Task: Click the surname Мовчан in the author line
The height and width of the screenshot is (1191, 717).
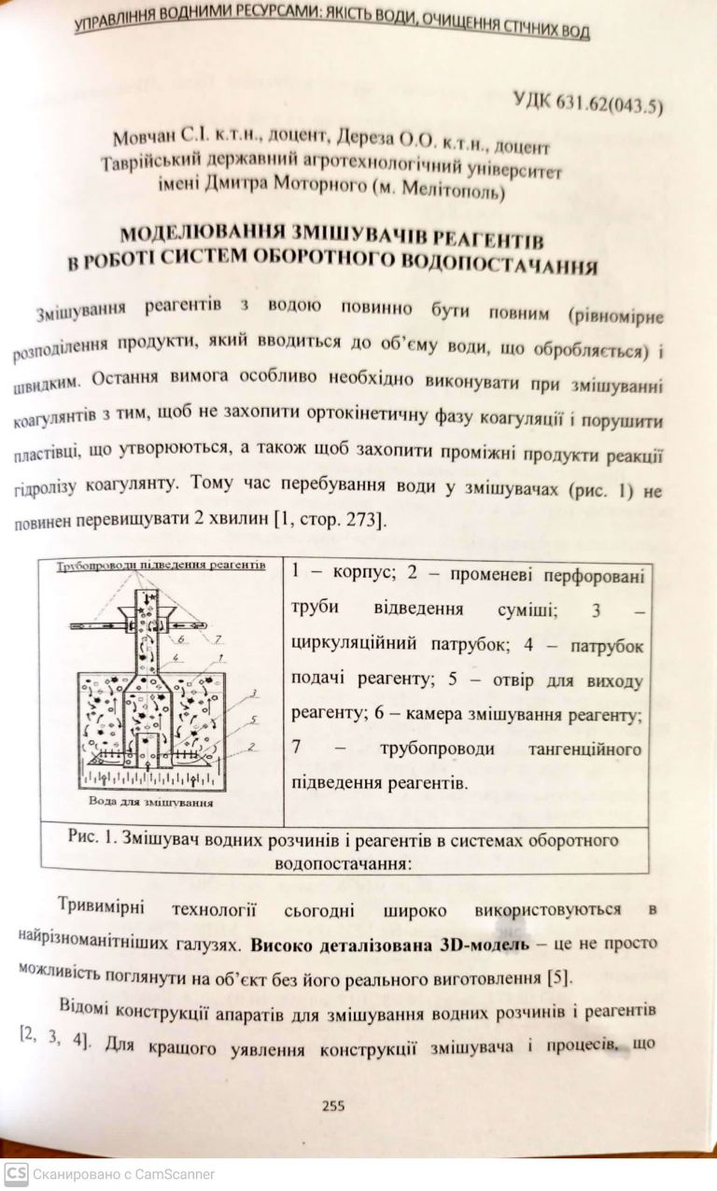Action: [x=142, y=136]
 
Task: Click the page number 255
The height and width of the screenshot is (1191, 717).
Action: [x=333, y=1105]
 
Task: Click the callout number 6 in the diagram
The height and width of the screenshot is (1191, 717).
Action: [x=179, y=639]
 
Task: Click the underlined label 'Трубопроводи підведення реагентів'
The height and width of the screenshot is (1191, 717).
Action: [x=160, y=565]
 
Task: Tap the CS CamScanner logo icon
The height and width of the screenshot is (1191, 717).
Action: [x=15, y=1173]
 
